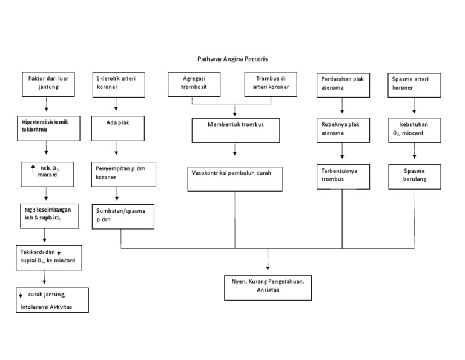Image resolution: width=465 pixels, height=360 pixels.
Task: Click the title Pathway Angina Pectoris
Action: pos(232,59)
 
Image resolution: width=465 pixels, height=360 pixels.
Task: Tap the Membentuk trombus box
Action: pos(236,130)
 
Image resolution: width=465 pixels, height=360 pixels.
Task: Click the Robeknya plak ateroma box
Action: pos(343,129)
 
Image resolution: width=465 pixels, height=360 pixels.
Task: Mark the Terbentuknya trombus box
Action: pos(343,176)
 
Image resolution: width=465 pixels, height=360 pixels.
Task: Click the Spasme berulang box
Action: pos(415,176)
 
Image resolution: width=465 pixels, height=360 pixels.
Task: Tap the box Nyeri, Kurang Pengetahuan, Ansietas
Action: pos(268,287)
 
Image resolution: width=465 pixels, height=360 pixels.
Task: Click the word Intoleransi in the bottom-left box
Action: pos(36,307)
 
